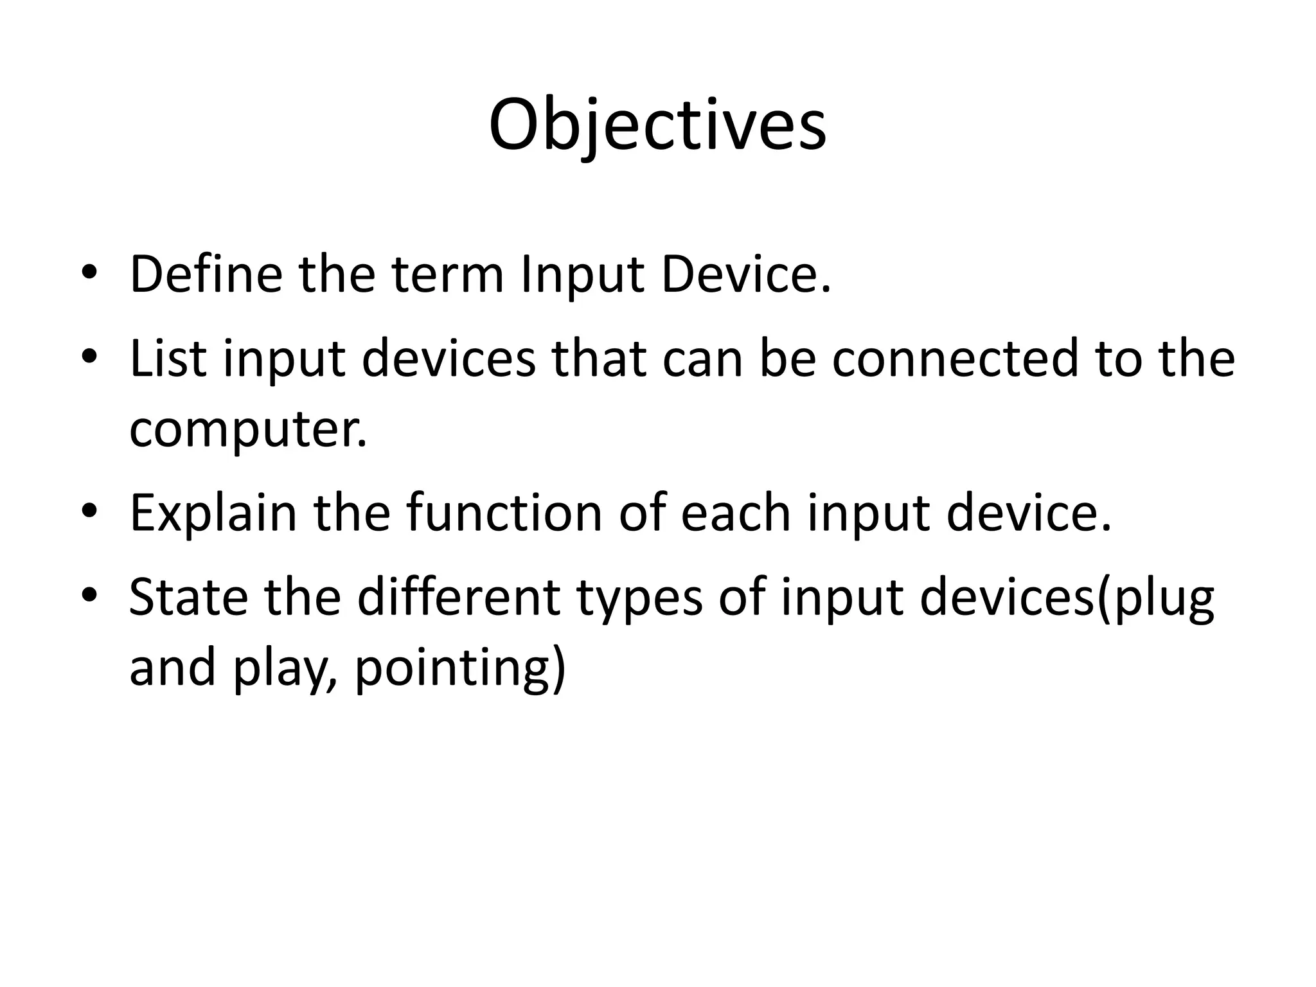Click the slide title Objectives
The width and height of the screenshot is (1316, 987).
click(657, 125)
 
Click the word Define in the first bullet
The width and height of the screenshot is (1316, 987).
click(206, 274)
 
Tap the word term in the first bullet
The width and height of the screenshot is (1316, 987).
click(448, 274)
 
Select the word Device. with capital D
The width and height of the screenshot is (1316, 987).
click(746, 274)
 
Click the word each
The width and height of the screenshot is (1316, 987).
click(735, 513)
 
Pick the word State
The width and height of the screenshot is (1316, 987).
click(188, 597)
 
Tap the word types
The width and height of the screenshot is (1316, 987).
click(639, 597)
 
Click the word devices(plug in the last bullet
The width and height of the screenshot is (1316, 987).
click(1067, 597)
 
